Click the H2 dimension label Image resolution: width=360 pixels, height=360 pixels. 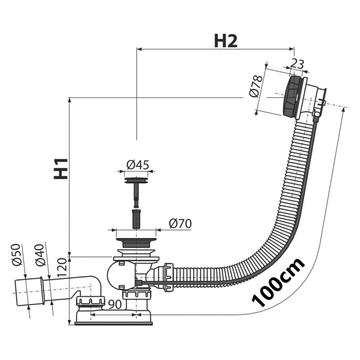pos(226,41)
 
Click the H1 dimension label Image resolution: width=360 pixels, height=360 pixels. pos(61,169)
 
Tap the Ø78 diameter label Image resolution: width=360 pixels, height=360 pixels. pos(256,86)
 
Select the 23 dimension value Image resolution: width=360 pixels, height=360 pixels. pos(297,64)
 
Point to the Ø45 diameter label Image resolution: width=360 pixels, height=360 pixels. pos(138,165)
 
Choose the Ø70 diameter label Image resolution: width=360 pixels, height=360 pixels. pos(180,224)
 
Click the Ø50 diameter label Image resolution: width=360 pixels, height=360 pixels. pos(17,255)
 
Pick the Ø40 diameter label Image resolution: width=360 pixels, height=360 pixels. pos(40,255)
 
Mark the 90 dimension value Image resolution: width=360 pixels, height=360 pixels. pos(115,305)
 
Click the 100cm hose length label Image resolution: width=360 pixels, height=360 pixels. pos(278,283)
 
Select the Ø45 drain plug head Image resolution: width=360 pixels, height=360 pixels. pos(136,180)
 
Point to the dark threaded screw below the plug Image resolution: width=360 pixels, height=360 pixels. pos(136,219)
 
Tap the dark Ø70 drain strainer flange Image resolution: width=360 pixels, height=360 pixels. pos(136,243)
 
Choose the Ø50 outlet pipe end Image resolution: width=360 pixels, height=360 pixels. pos(29,292)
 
